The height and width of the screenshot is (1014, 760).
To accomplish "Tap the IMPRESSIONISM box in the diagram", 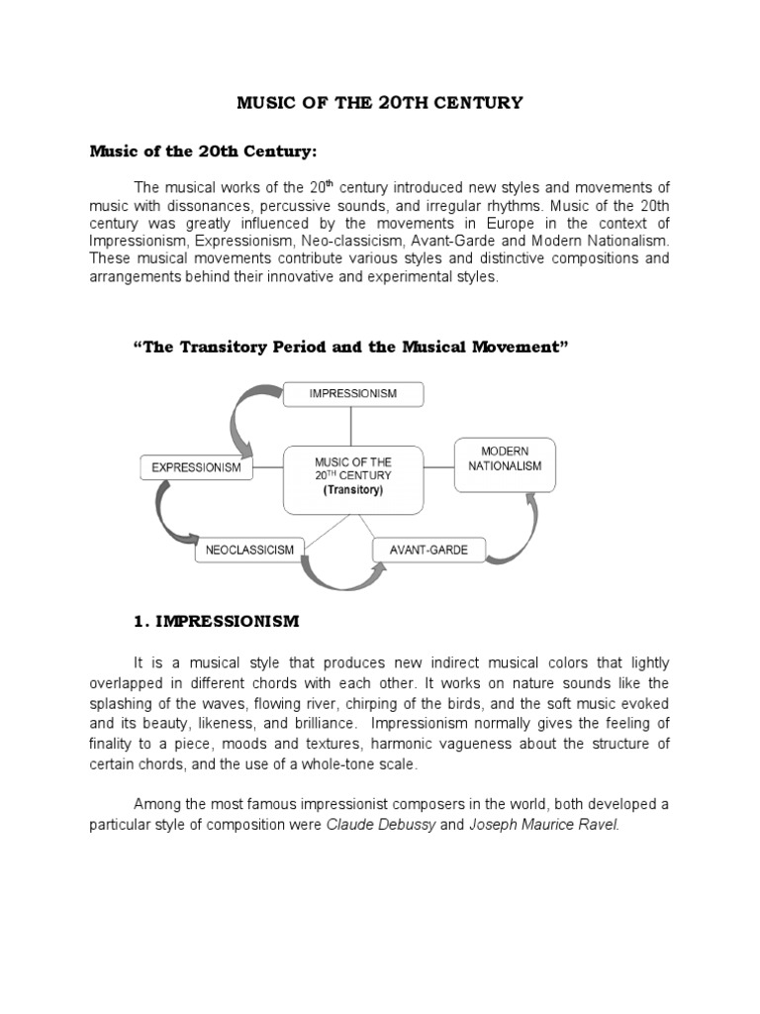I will tap(353, 393).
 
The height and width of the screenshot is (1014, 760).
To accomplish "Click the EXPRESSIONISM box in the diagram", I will tap(197, 466).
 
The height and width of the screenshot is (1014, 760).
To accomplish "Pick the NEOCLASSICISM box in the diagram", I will tap(248, 549).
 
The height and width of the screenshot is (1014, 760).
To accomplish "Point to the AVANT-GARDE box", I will tap(428, 549).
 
